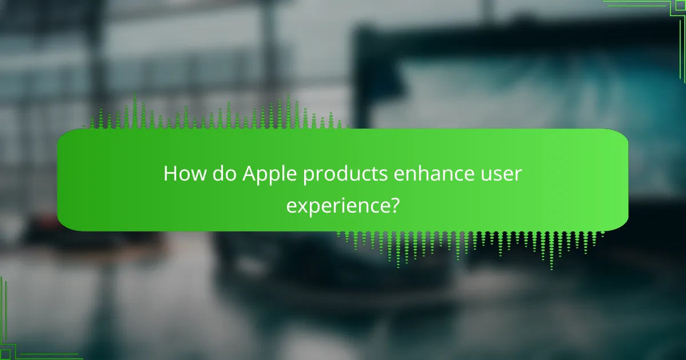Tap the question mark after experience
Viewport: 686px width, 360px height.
pyautogui.click(x=393, y=204)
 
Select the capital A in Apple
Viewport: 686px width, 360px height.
pyautogui.click(x=249, y=174)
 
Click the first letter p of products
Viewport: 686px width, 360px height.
pyautogui.click(x=308, y=177)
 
